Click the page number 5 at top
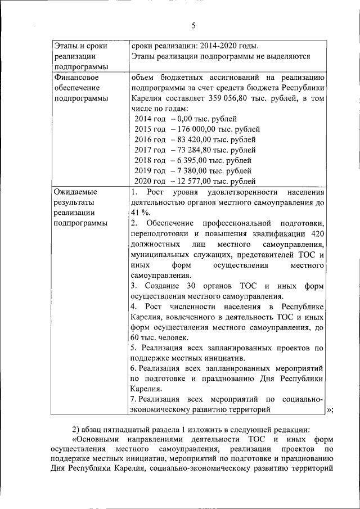coord(193,25)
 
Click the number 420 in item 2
coord(317,234)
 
